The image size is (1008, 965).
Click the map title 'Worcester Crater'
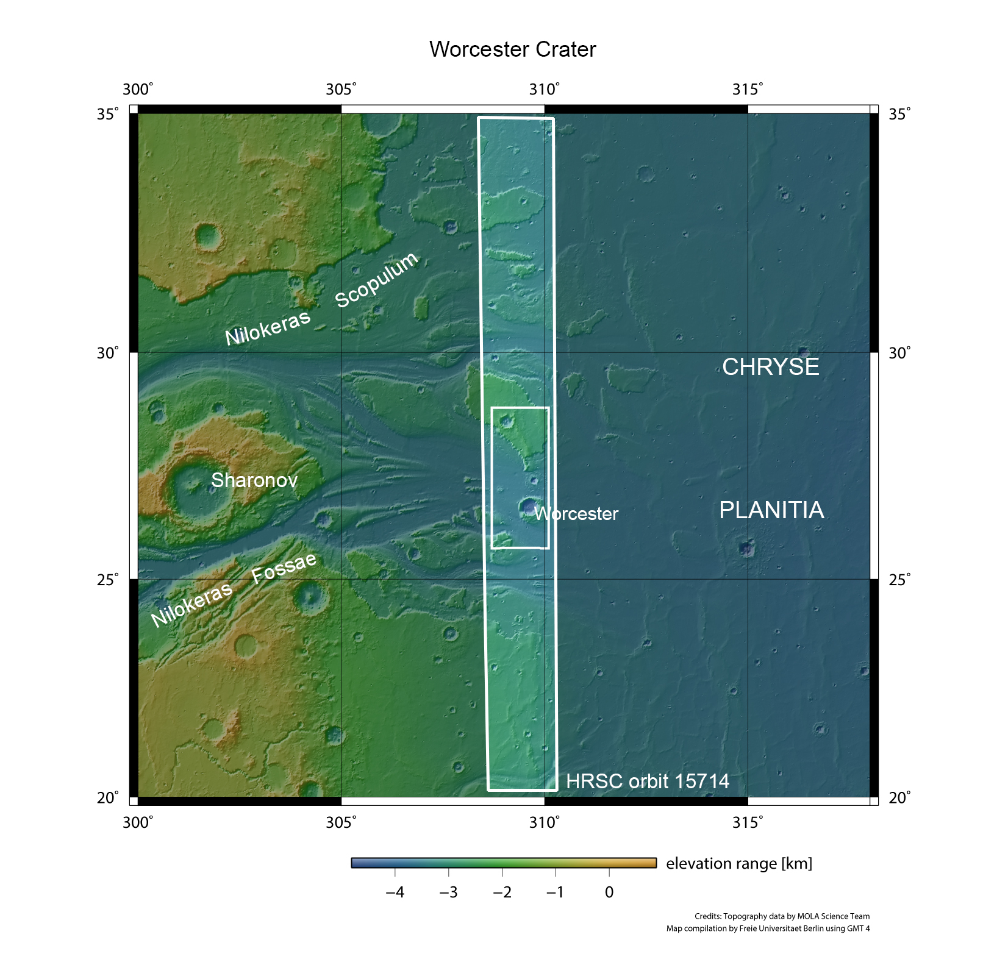tap(512, 49)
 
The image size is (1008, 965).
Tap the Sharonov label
tap(254, 480)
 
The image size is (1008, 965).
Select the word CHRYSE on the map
tap(770, 367)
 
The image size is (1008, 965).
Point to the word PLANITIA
tap(771, 510)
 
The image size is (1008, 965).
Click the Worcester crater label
tap(576, 514)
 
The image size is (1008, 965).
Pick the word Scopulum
tap(377, 280)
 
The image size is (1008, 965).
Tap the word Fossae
tap(284, 567)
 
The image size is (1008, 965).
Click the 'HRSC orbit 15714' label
tap(647, 781)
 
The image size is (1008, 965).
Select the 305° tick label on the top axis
tap(341, 90)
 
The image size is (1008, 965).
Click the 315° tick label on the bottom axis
tap(748, 822)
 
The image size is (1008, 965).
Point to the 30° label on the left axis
tap(108, 353)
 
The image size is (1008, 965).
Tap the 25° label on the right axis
tap(899, 579)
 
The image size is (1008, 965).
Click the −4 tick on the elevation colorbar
tap(395, 892)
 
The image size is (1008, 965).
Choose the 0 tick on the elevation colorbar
tap(609, 892)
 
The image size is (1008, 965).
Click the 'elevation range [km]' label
tap(739, 863)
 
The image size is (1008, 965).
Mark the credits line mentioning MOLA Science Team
tap(782, 916)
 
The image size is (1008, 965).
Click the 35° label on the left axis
tap(108, 114)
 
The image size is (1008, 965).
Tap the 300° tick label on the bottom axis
tap(138, 822)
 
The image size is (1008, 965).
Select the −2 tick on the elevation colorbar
tap(502, 892)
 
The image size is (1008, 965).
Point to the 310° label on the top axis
tap(544, 90)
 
